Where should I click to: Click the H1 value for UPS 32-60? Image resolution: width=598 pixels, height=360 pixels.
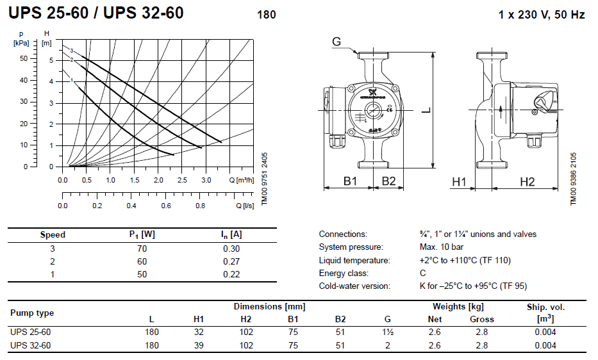tap(199, 345)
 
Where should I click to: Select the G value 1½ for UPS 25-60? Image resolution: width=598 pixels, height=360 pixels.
tap(388, 332)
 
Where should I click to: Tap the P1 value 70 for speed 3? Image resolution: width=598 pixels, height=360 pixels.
tap(142, 249)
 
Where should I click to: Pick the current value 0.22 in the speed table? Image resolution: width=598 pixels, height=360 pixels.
tap(231, 274)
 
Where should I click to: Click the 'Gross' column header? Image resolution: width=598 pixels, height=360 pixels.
tap(482, 319)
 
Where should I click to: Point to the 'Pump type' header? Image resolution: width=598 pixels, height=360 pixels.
tap(32, 313)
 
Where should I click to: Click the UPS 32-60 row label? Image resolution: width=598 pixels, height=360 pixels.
tap(31, 345)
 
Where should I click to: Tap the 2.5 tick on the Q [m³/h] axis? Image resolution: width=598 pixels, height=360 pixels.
tap(182, 180)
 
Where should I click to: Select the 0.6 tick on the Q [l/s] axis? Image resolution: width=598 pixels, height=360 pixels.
tap(166, 206)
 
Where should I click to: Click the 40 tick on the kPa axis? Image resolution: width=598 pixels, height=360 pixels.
tap(24, 80)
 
